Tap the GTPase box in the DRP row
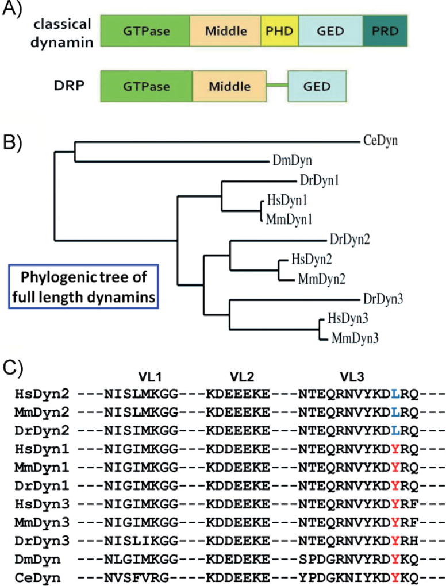pos(145,87)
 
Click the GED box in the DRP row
pos(317,87)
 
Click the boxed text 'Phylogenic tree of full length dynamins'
pos(84,285)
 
